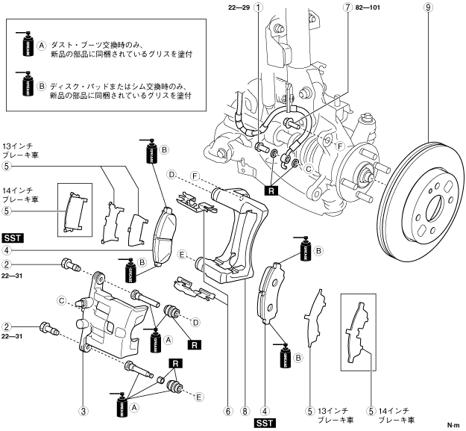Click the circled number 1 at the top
pos(257,9)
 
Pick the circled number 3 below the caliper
pos(84,410)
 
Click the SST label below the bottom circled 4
pos(265,423)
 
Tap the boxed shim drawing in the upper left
pos(75,210)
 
